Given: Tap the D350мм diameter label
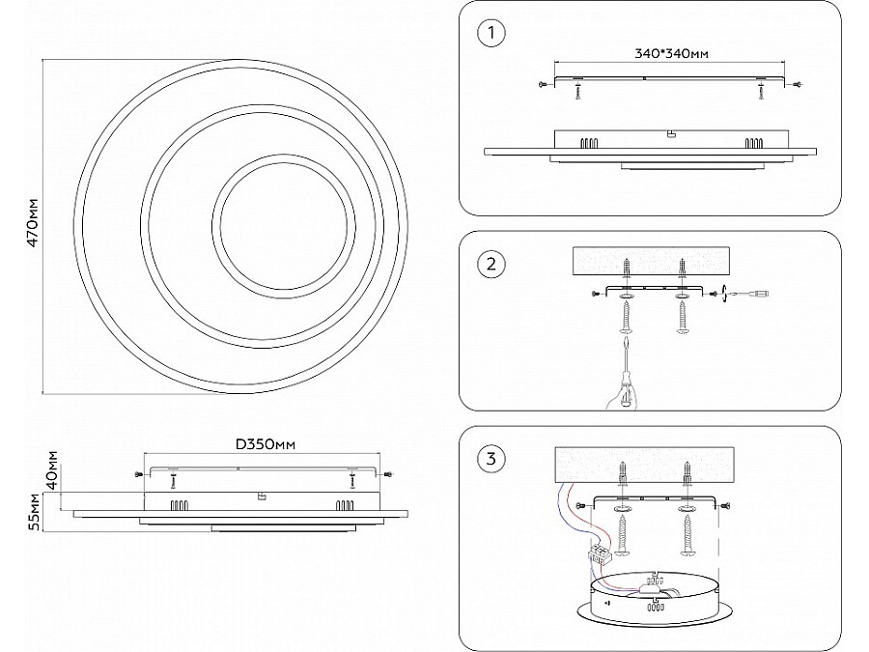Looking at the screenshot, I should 265,443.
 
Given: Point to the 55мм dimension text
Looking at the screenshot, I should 34,512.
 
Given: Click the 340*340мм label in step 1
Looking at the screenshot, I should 673,53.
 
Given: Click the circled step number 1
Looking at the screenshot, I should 491,35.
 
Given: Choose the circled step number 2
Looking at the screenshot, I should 491,263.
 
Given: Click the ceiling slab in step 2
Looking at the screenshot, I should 654,259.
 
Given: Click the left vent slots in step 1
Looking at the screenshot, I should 586,142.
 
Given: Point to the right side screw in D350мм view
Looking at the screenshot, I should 387,474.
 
